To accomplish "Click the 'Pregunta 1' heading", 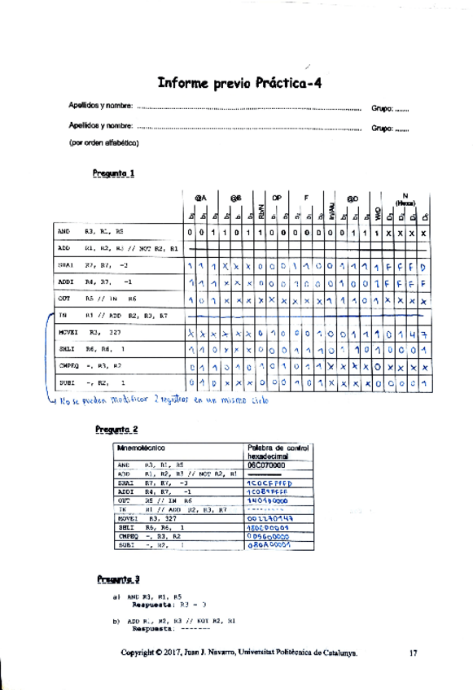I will pos(113,172).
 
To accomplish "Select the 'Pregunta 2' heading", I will pos(116,429).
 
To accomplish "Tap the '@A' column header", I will pos(200,197).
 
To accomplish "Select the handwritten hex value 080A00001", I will pos(269,546).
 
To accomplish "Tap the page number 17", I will pos(414,652).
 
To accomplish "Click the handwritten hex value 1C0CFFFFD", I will pos(269,483).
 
